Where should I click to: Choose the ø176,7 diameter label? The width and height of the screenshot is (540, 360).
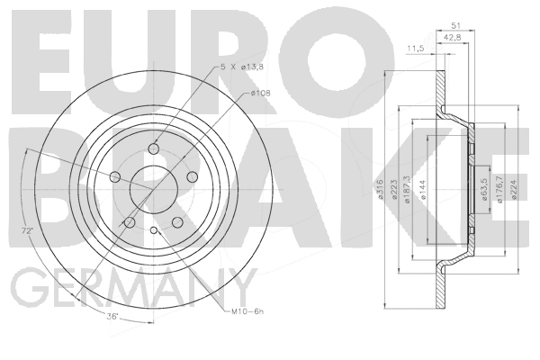coord(500,190)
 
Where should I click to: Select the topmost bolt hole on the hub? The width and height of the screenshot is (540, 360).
coord(153,149)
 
